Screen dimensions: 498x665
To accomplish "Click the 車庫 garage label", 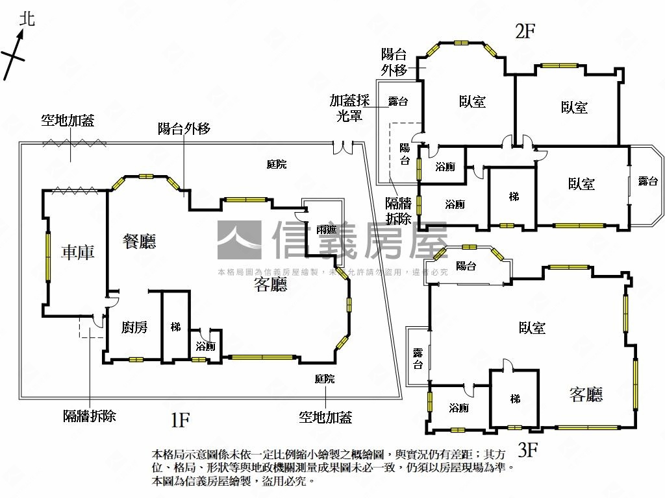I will (x=77, y=252).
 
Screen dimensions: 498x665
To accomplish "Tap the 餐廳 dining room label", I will (x=140, y=242).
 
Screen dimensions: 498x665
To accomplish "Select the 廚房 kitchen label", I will (x=134, y=327).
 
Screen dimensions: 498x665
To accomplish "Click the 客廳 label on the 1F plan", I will (x=270, y=284).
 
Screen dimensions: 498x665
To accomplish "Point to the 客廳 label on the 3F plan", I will (x=586, y=394).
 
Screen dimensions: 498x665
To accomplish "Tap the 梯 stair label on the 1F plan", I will (x=175, y=326).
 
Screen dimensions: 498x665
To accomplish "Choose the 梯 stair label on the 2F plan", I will (x=514, y=196).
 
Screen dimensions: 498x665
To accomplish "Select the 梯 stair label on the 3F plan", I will (x=515, y=399).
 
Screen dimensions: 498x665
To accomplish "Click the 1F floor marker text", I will (x=180, y=421).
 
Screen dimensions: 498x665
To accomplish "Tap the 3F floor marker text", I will (x=529, y=449).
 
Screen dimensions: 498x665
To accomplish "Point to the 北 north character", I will (x=26, y=19).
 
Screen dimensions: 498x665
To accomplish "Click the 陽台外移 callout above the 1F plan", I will (x=184, y=128).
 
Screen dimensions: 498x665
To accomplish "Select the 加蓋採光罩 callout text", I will (x=349, y=107).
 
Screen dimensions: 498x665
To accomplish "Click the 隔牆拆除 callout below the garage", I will (x=90, y=416).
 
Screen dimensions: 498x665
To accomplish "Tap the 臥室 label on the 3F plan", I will (x=532, y=328).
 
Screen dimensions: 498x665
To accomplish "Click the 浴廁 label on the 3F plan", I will (x=458, y=408).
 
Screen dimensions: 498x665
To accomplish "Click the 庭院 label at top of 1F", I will (x=277, y=165).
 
